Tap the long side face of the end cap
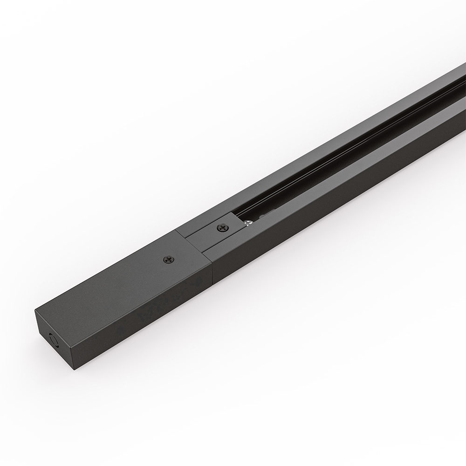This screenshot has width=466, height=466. pos(140,317)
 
